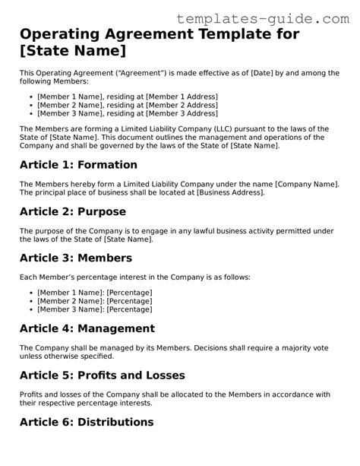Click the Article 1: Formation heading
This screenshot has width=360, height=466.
79,165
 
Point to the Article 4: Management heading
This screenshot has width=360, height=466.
87,329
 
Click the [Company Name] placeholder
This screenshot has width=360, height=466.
305,185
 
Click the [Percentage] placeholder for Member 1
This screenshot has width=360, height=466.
129,292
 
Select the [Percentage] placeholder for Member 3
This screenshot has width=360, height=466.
129,309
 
